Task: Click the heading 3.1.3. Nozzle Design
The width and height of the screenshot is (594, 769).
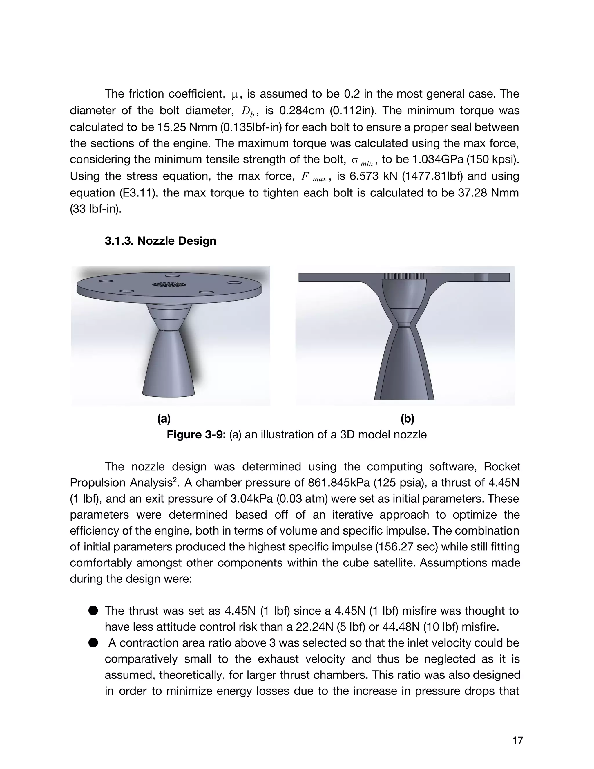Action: click(x=160, y=241)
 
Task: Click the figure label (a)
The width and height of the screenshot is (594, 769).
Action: click(x=164, y=419)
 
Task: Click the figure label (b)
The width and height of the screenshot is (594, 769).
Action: click(x=407, y=419)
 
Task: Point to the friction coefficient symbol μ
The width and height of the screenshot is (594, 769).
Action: click(x=235, y=94)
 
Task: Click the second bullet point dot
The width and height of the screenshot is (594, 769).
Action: click(x=93, y=643)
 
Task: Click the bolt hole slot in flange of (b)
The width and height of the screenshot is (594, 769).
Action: click(x=481, y=277)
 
